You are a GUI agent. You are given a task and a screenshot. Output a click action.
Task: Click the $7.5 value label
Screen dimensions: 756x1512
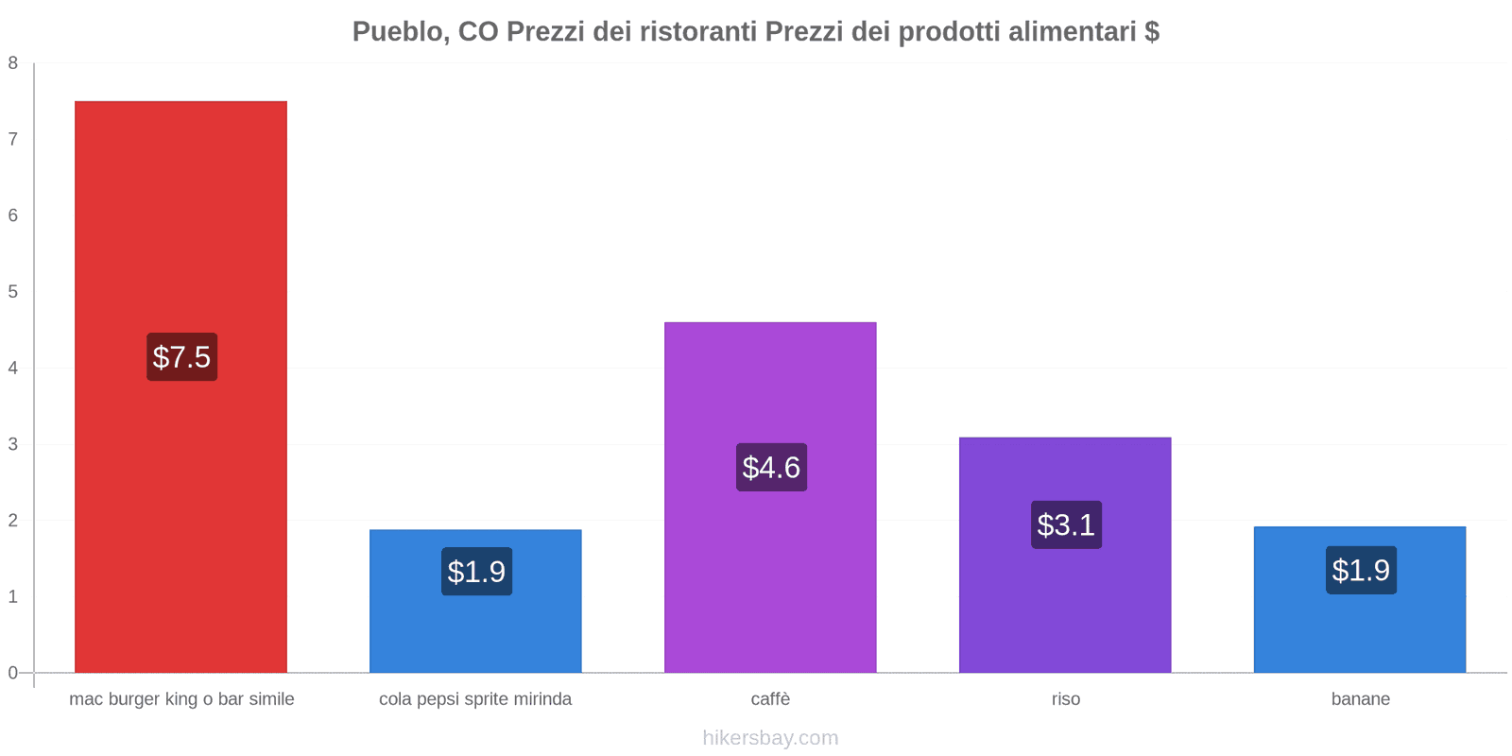181,357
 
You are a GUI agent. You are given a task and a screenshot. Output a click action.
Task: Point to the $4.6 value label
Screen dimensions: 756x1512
771,468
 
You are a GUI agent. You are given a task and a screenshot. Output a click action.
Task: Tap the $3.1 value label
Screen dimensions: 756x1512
1066,524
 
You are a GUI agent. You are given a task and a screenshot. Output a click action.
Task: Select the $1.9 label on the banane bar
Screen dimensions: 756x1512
1361,571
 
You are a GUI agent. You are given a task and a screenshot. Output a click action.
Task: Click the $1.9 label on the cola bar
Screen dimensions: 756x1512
476,572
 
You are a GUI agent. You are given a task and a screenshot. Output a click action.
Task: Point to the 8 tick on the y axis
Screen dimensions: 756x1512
13,63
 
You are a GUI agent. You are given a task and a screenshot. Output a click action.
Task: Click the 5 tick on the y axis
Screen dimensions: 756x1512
13,292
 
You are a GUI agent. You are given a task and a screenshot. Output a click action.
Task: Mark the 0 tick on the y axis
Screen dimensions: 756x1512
13,673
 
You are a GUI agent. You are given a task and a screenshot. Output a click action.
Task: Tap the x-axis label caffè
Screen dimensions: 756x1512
770,699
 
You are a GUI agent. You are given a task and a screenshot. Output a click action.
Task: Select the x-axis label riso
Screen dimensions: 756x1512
1065,699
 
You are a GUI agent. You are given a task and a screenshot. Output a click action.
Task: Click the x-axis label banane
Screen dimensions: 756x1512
1360,699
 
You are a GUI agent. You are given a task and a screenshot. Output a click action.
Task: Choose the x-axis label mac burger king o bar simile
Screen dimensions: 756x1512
181,699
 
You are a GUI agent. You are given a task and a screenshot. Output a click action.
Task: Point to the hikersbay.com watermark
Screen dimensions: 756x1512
770,738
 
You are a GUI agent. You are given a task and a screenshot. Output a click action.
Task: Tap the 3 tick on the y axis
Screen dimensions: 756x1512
13,444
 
